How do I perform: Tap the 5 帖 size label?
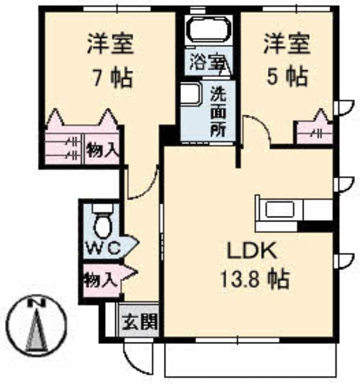click(x=286, y=77)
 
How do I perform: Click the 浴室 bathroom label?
click(x=207, y=63)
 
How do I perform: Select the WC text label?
click(x=104, y=248)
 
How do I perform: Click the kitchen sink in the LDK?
click(x=280, y=209)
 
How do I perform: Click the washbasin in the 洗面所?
click(x=190, y=94)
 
